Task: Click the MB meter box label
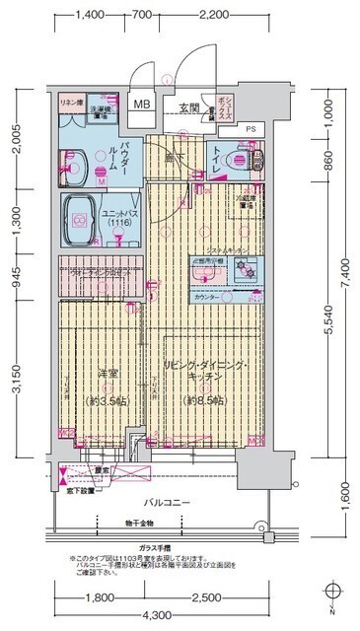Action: point(142,104)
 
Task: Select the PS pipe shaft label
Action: point(251,129)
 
